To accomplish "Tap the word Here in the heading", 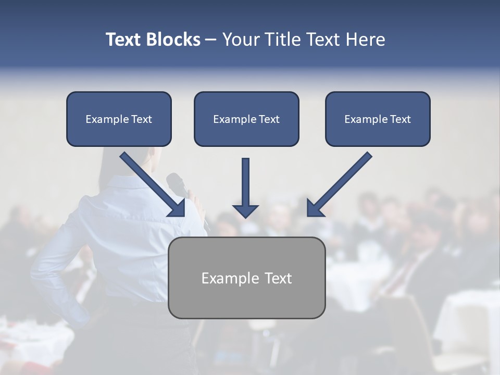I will [365, 40].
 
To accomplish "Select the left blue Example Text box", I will [119, 119].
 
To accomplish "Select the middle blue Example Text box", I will [246, 119].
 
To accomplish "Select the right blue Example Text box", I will [378, 119].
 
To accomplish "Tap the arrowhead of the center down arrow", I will [245, 211].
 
